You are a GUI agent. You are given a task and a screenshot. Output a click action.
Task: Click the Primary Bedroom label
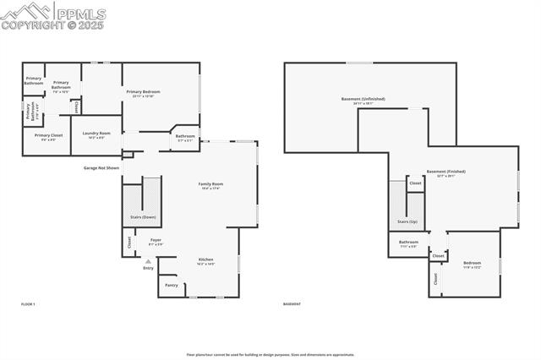coord(143,91)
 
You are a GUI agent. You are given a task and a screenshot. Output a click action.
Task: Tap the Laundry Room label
coord(96,134)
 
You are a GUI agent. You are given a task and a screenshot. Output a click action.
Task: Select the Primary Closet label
coord(48,135)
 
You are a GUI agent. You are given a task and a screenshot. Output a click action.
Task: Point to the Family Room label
coord(210,183)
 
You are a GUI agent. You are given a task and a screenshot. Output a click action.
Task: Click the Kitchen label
coord(205,259)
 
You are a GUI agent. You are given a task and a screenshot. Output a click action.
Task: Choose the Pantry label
coord(171,286)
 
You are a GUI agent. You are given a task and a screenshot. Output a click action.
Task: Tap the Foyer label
coord(156,240)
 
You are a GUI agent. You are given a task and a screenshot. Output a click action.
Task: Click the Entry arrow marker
coord(148,262)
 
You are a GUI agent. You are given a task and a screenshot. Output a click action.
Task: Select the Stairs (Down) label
coord(142,217)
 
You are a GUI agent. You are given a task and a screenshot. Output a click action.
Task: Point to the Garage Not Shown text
coord(101,168)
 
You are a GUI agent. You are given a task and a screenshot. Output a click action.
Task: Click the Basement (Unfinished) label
coord(363,99)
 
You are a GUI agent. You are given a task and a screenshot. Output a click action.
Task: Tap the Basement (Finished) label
coord(445,172)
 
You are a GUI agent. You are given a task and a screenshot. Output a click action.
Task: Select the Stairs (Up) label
coord(407,221)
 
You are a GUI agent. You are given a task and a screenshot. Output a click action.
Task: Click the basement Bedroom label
coord(472,263)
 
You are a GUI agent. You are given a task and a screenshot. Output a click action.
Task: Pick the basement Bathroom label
coord(408,243)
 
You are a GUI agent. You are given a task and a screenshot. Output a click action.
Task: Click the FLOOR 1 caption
coord(28,303)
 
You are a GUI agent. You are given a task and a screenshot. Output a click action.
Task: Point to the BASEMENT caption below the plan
coord(292,303)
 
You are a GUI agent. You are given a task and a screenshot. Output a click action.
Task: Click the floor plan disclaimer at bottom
coord(270,355)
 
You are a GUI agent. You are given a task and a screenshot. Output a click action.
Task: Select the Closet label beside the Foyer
coord(129,241)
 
